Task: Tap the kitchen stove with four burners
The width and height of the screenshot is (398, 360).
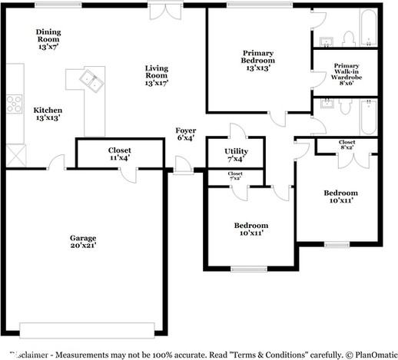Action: point(15,103)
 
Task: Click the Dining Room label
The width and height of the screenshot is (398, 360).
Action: point(48,36)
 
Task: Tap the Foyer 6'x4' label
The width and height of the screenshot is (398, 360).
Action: point(185,134)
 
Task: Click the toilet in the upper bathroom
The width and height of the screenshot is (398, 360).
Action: point(347,36)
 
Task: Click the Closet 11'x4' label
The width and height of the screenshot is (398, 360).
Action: point(119,154)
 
